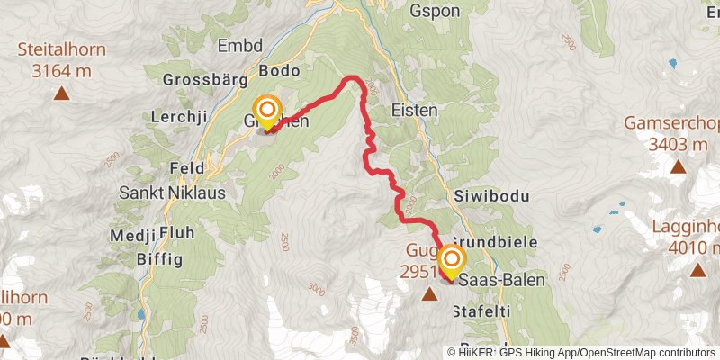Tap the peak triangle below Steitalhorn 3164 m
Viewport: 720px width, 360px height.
click(x=61, y=92)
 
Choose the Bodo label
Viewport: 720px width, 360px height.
click(x=279, y=69)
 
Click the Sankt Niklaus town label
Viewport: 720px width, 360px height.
click(x=173, y=193)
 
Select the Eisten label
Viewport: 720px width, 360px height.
click(x=415, y=110)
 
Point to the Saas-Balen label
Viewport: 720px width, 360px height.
click(x=501, y=281)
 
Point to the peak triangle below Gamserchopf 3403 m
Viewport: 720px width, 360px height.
click(x=677, y=166)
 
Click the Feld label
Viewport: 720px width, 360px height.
click(x=188, y=168)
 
